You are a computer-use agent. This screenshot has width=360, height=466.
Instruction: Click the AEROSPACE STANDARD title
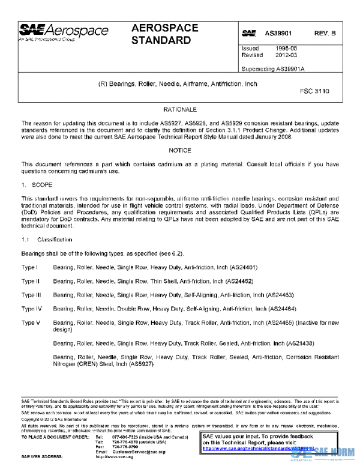point(161,34)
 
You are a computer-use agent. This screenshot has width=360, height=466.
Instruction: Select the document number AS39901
point(280,34)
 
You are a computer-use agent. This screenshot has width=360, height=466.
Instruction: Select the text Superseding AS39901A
point(273,69)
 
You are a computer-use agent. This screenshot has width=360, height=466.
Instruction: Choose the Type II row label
point(30,280)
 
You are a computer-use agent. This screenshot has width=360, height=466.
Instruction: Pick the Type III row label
point(31,294)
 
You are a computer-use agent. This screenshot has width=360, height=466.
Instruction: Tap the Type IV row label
point(31,309)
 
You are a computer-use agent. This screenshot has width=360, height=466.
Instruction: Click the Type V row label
point(31,323)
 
